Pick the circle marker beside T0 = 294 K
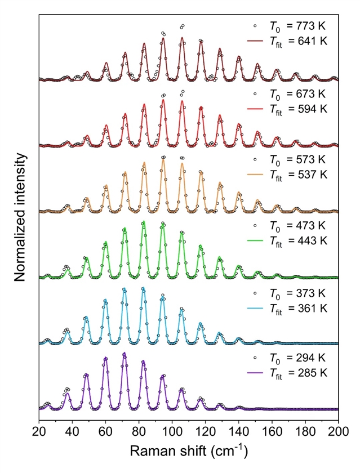[256, 358]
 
